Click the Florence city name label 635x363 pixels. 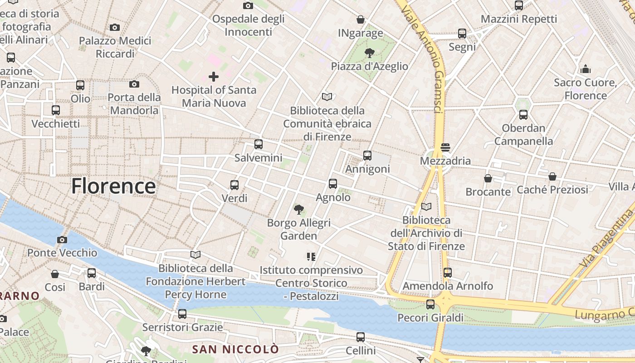point(113,186)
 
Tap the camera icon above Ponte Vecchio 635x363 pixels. point(62,240)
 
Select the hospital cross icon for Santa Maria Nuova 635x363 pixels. point(214,77)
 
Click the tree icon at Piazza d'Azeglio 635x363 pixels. point(370,53)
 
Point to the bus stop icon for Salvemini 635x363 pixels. point(259,144)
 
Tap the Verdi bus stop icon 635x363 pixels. point(234,185)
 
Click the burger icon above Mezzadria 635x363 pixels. point(445,147)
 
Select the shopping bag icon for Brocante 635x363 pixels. point(488,178)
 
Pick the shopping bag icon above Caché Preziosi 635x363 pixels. point(552,176)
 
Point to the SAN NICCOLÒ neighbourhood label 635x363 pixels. point(235,349)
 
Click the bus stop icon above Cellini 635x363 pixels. point(361,337)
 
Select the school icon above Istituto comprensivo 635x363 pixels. point(311,257)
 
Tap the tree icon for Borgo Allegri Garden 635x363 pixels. point(298,209)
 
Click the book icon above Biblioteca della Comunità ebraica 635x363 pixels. point(327,97)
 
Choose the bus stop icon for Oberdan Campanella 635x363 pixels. point(523,114)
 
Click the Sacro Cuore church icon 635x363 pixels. point(586,69)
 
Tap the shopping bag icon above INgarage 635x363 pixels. point(361,20)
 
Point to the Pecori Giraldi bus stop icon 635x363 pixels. point(430,304)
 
